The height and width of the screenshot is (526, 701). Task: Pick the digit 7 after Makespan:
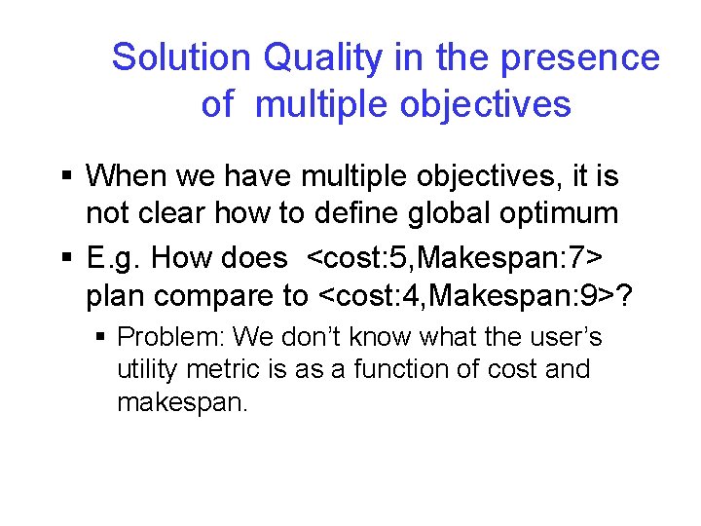tap(580, 258)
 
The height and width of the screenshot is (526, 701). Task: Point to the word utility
tap(146, 370)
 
